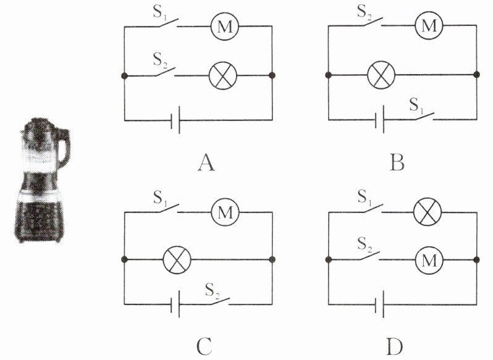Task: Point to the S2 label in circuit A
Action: point(160,61)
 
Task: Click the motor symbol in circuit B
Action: point(428,26)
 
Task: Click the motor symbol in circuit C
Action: point(224,213)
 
